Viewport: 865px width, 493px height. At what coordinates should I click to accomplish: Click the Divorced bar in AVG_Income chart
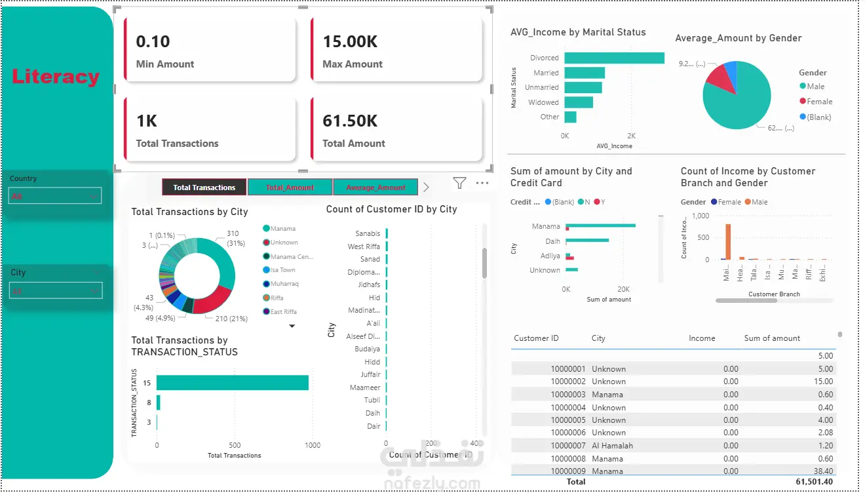pyautogui.click(x=614, y=58)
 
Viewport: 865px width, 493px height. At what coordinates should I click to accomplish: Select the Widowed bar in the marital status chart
pyautogui.click(x=579, y=102)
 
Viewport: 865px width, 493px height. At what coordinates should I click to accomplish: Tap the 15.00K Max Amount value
pyautogui.click(x=350, y=42)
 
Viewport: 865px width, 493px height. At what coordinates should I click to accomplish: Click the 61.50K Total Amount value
pyautogui.click(x=350, y=121)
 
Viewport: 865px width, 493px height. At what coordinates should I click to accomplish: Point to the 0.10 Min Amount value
pyautogui.click(x=153, y=42)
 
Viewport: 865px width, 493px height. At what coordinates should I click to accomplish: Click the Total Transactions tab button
pyautogui.click(x=204, y=187)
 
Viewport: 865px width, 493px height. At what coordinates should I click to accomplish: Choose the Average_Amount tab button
pyautogui.click(x=375, y=187)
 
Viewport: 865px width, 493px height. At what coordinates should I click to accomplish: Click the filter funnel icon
pyautogui.click(x=459, y=184)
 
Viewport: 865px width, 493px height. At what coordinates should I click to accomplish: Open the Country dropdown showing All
pyautogui.click(x=55, y=196)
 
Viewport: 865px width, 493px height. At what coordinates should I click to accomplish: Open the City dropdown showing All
pyautogui.click(x=56, y=290)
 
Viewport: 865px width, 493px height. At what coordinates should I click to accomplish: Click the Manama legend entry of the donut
pyautogui.click(x=282, y=229)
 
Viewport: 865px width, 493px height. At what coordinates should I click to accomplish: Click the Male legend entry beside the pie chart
pyautogui.click(x=815, y=87)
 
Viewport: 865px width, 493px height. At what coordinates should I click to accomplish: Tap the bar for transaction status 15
pyautogui.click(x=232, y=383)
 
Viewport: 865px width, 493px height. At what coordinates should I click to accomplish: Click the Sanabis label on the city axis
pyautogui.click(x=368, y=233)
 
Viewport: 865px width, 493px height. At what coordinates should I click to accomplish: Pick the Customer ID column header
pyautogui.click(x=536, y=338)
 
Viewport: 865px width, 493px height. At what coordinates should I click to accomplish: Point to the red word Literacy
pyautogui.click(x=56, y=77)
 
